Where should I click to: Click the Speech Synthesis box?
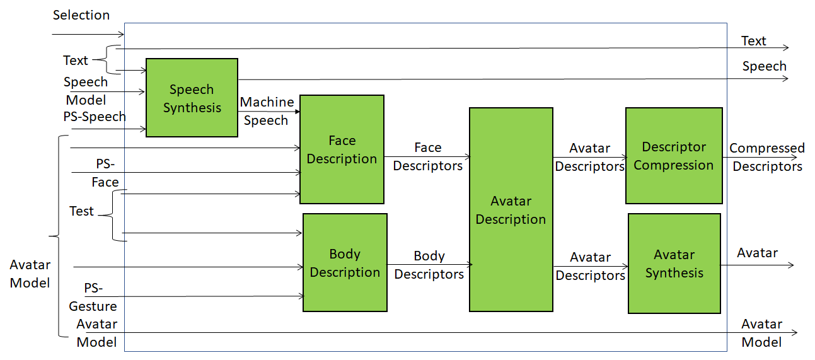[x=192, y=98]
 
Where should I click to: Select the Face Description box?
[x=342, y=149]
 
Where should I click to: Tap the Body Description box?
[x=345, y=263]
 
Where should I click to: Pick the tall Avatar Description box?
[x=511, y=209]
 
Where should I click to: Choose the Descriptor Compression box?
[x=673, y=156]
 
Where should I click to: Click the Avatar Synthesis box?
[x=674, y=264]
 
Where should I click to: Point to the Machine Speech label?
[x=267, y=111]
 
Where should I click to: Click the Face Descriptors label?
[x=427, y=156]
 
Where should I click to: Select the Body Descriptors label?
[x=429, y=265]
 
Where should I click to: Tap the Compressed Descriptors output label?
[x=767, y=157]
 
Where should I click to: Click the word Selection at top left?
[x=81, y=15]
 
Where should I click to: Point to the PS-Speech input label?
[x=95, y=117]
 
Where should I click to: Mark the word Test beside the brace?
[x=81, y=211]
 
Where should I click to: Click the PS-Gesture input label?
[x=93, y=297]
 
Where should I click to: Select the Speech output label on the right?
[x=764, y=66]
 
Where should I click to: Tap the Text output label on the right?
[x=753, y=41]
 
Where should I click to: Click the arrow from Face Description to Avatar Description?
[x=427, y=156]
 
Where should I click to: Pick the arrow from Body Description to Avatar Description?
[x=429, y=264]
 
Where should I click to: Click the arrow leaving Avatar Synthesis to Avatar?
[x=756, y=265]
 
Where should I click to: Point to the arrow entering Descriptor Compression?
[x=589, y=157]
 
